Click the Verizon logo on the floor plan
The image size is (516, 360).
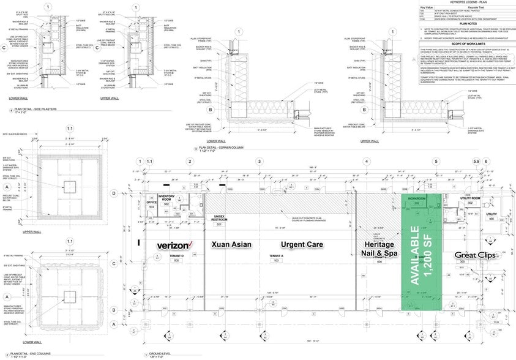click(176, 245)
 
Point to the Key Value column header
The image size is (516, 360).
click(427, 8)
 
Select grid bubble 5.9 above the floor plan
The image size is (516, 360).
click(475, 162)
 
